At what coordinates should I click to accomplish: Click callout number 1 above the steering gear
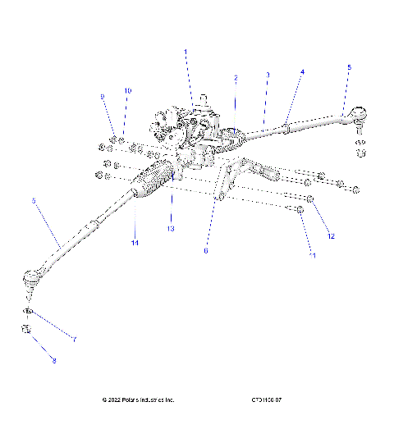point(186,52)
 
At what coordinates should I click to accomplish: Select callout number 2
point(236,78)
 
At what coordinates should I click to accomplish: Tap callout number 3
point(268,75)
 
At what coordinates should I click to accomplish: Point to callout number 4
point(302,71)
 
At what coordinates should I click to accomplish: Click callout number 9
point(103,97)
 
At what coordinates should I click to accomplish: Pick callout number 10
point(127,90)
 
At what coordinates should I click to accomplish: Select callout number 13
point(171,228)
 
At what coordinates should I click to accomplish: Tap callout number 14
point(134,244)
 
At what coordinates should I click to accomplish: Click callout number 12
point(331,236)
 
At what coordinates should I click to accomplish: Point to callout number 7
point(74,340)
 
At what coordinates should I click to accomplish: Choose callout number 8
point(55,361)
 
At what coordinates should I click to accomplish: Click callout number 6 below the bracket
point(206,251)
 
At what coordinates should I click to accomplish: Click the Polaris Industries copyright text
point(138,400)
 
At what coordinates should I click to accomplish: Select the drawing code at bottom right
point(267,400)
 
